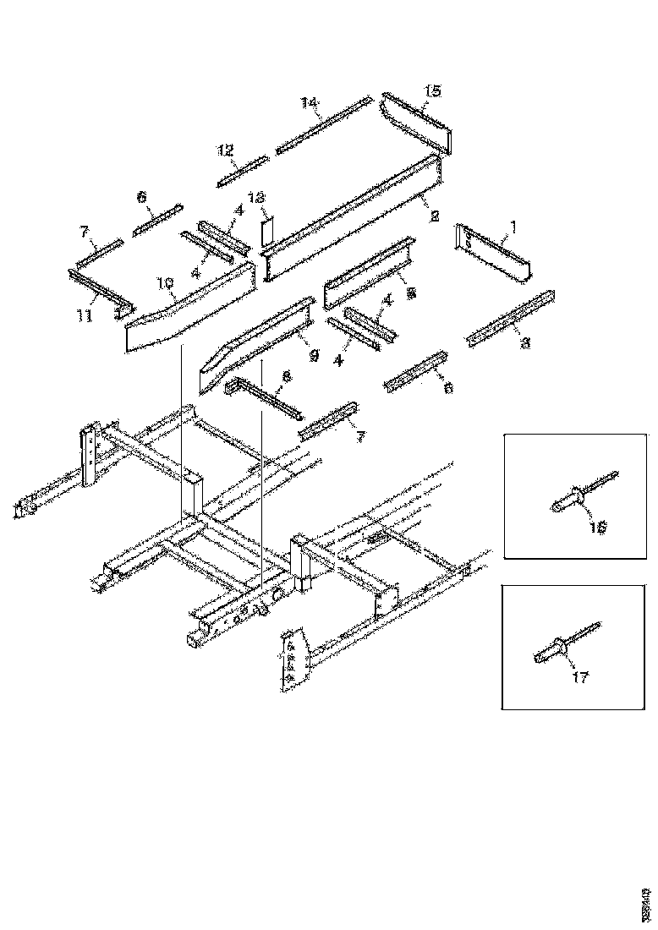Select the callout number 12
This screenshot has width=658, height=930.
click(225, 150)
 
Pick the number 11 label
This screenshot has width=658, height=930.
click(82, 315)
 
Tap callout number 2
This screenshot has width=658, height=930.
click(433, 216)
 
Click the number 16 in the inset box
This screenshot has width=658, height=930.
click(598, 525)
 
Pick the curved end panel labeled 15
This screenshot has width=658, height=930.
click(414, 123)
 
